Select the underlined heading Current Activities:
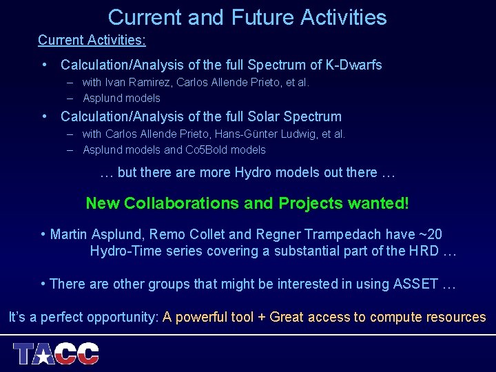pyautogui.click(x=92, y=41)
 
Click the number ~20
pyautogui.click(x=427, y=235)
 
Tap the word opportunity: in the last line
pyautogui.click(x=124, y=318)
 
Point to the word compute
pyautogui.click(x=394, y=318)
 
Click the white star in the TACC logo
pyautogui.click(x=44, y=355)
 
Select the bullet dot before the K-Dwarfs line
pyautogui.click(x=45, y=65)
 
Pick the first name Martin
pyautogui.click(x=69, y=235)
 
